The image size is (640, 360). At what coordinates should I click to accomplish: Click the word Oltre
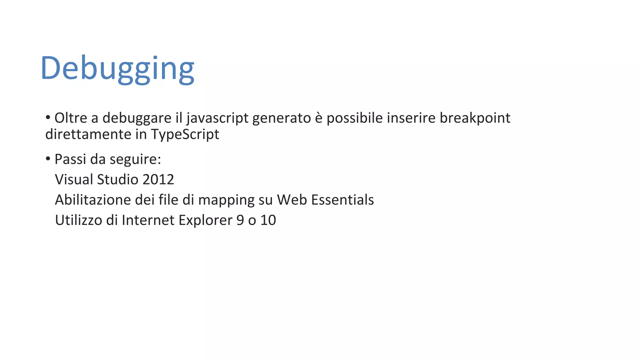[71, 118]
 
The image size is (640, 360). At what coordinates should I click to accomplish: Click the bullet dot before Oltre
[48, 118]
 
